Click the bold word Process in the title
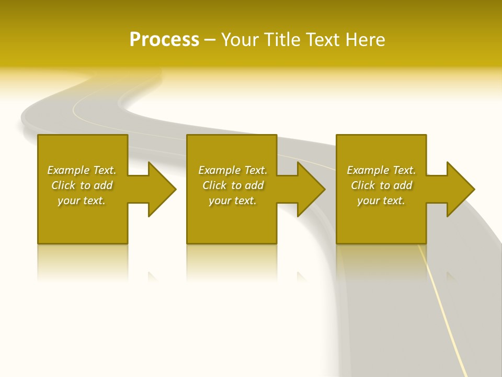[164, 40]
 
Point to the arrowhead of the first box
[162, 189]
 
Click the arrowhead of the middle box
[311, 189]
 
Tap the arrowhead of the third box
[460, 189]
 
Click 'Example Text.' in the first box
[82, 170]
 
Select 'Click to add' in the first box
[82, 185]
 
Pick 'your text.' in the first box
[82, 201]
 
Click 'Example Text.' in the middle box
[233, 170]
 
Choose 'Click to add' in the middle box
[233, 185]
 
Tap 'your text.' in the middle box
[233, 201]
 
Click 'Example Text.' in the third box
[381, 170]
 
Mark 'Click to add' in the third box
[381, 185]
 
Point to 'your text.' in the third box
[381, 201]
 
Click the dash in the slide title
[210, 40]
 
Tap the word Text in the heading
[323, 40]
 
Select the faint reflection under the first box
[82, 262]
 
